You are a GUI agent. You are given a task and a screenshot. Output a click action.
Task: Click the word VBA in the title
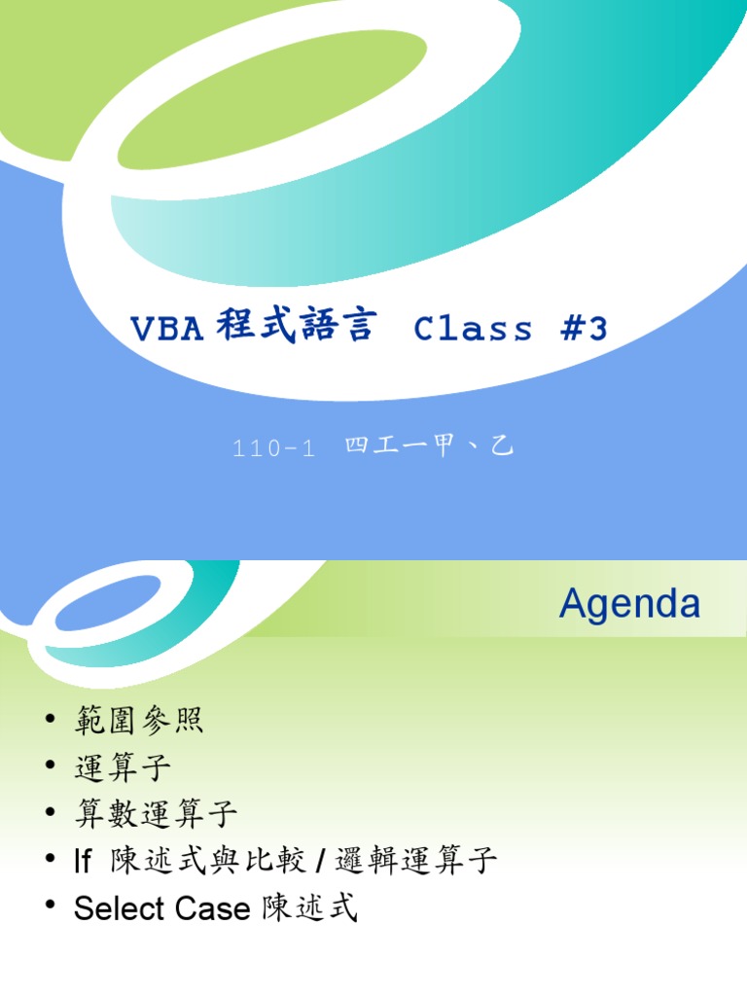click(166, 330)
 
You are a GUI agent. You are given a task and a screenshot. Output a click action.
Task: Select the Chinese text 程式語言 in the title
click(295, 328)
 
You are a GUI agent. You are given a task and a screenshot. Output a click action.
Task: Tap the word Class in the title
click(474, 330)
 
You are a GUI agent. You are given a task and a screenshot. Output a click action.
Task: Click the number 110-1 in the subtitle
click(274, 449)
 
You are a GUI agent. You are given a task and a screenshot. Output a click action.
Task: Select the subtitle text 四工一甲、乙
click(428, 447)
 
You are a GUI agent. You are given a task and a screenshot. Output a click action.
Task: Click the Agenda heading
click(629, 605)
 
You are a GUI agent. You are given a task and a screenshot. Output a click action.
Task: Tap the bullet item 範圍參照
click(139, 723)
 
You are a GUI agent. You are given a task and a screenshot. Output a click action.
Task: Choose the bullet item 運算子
click(123, 768)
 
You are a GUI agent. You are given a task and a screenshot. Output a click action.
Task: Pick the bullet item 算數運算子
click(156, 814)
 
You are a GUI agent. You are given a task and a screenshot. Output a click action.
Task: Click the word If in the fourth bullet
click(83, 862)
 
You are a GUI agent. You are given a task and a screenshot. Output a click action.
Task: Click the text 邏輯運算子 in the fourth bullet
click(416, 861)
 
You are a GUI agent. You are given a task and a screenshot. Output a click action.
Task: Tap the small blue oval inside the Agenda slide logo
click(107, 610)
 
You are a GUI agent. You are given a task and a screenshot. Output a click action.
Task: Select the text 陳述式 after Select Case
click(310, 909)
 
